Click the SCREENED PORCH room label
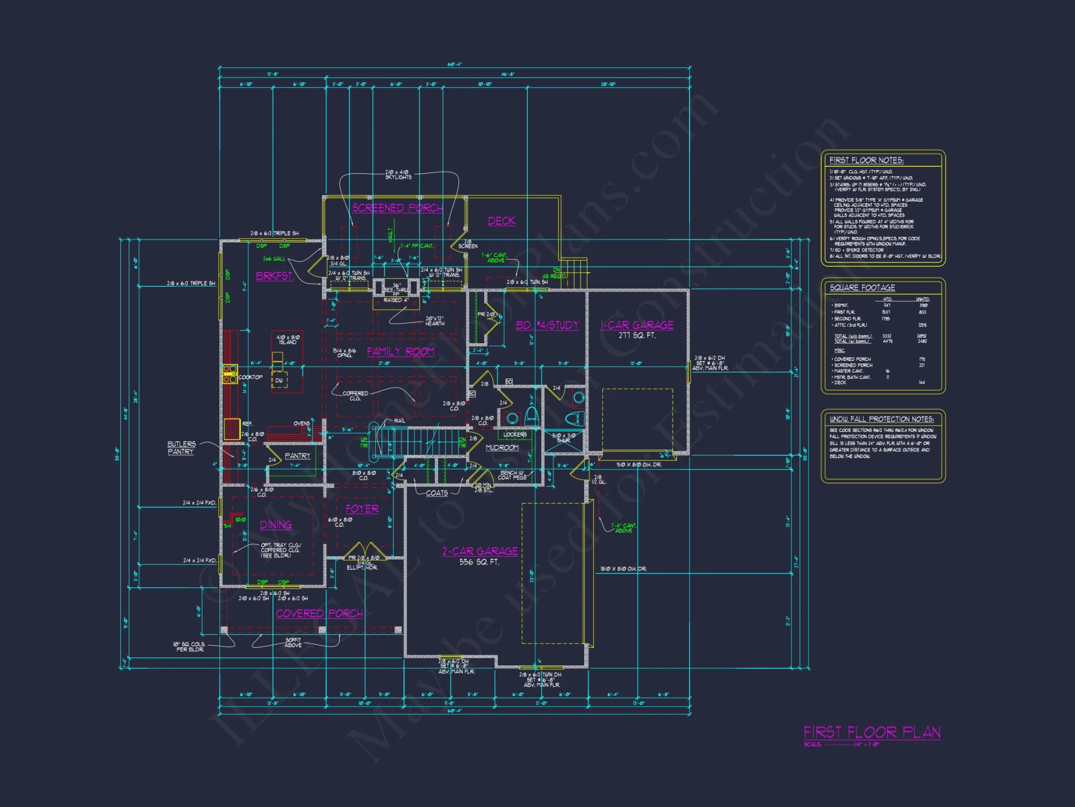[x=397, y=208]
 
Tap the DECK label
[x=501, y=221]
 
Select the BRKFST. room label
[x=275, y=276]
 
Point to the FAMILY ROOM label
[x=400, y=352]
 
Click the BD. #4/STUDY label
[x=547, y=325]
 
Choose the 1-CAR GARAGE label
[x=637, y=325]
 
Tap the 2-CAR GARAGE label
[x=480, y=551]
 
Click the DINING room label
[x=276, y=525]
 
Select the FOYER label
[x=362, y=509]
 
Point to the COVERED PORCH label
[x=319, y=614]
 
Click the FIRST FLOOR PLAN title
[x=872, y=733]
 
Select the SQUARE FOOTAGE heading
[x=862, y=288]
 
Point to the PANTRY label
[x=298, y=456]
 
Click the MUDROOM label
[x=502, y=448]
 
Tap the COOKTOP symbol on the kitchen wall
[x=230, y=374]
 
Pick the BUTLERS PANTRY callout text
[x=181, y=448]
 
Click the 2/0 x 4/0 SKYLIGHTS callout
[x=398, y=174]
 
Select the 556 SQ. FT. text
[x=479, y=562]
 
